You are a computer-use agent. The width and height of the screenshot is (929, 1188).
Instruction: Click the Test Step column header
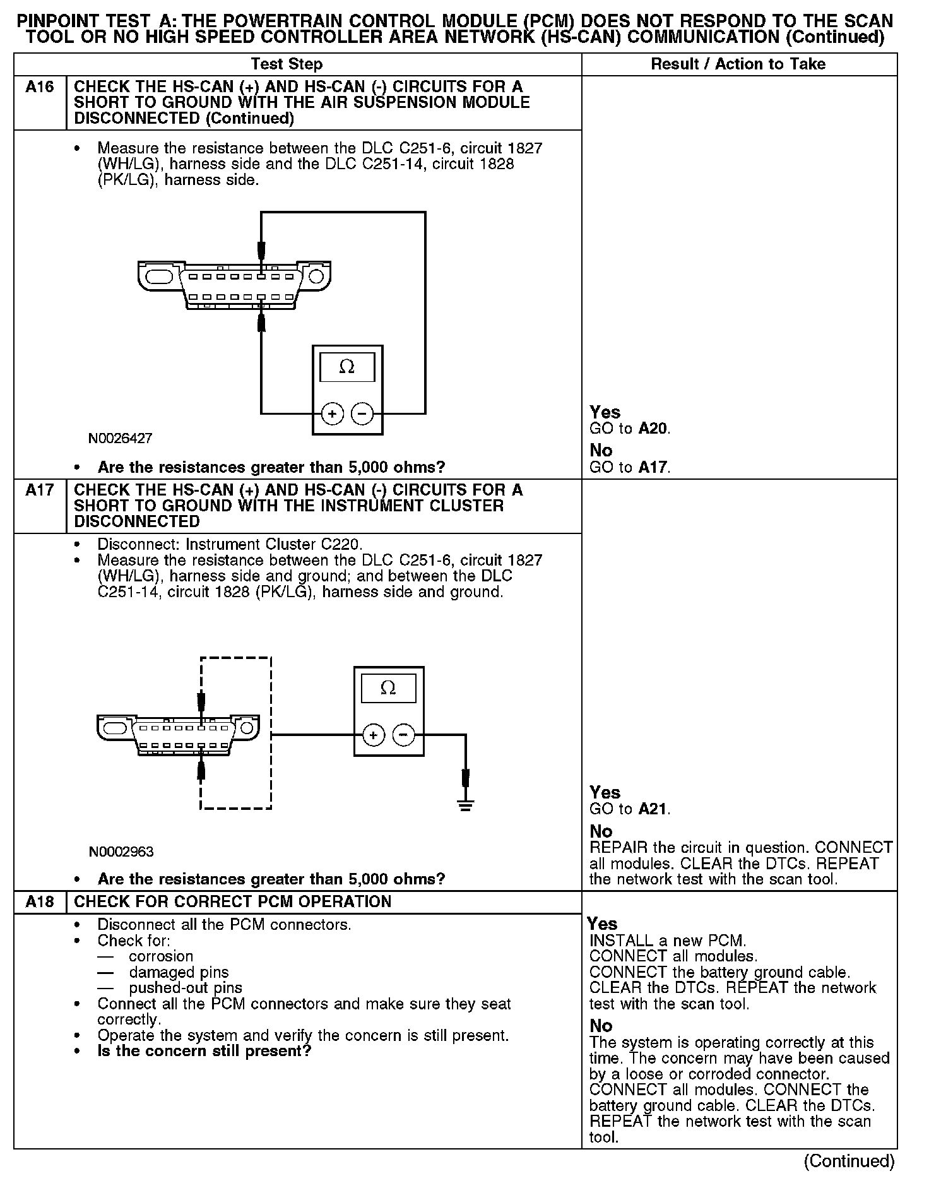pyautogui.click(x=287, y=64)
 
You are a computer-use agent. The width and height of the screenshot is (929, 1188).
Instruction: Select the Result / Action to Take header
pyautogui.click(x=738, y=64)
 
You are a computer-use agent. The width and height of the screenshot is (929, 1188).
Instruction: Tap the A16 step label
pyautogui.click(x=40, y=86)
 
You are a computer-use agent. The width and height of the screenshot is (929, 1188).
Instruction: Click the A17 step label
pyautogui.click(x=40, y=490)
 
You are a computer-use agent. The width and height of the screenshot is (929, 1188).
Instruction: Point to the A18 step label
pyautogui.click(x=40, y=901)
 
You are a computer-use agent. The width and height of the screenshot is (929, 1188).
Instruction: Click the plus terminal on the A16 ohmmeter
pyautogui.click(x=332, y=414)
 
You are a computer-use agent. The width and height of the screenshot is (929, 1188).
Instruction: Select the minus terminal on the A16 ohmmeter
pyautogui.click(x=362, y=414)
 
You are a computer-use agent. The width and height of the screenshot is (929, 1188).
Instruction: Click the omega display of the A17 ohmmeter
pyautogui.click(x=388, y=688)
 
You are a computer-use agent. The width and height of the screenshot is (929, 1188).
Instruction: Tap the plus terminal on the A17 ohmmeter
pyautogui.click(x=374, y=735)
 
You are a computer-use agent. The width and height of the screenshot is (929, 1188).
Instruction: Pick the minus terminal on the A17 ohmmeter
pyautogui.click(x=404, y=735)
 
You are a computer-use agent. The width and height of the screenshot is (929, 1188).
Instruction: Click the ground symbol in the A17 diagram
pyautogui.click(x=466, y=805)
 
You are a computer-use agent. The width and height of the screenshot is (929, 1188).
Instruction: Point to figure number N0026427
pyautogui.click(x=121, y=438)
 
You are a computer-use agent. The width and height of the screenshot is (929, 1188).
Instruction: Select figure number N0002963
pyautogui.click(x=121, y=852)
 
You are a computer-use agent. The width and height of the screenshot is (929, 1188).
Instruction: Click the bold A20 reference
pyautogui.click(x=653, y=429)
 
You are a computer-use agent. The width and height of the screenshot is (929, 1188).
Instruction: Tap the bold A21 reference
pyautogui.click(x=653, y=809)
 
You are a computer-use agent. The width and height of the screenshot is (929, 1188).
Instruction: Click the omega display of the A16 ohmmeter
pyautogui.click(x=347, y=367)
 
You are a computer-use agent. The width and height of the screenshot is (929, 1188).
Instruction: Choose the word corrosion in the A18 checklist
pyautogui.click(x=161, y=956)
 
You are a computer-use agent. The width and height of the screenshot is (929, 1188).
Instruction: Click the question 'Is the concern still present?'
pyautogui.click(x=204, y=1051)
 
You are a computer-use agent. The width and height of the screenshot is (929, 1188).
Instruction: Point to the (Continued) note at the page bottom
pyautogui.click(x=849, y=1161)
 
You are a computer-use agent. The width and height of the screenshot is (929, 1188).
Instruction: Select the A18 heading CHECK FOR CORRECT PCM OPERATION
pyautogui.click(x=233, y=901)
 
